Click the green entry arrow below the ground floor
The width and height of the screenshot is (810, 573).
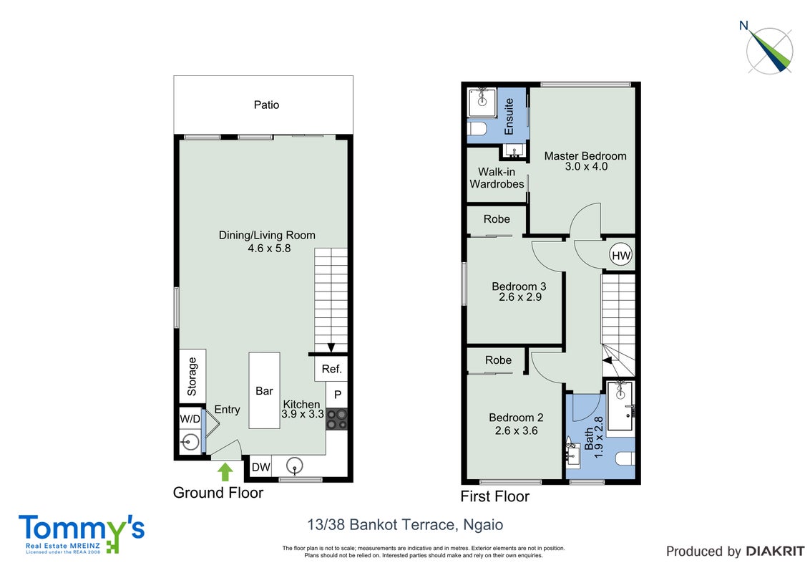click(225, 471)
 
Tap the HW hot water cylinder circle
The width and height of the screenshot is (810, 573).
click(621, 255)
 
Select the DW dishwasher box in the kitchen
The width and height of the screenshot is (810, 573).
click(261, 466)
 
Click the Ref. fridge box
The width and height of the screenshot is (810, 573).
click(331, 369)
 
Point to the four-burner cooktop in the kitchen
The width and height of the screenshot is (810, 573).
click(337, 419)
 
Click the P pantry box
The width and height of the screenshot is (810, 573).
click(337, 395)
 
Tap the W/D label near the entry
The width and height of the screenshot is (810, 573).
click(190, 418)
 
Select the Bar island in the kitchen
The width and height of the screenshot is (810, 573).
click(265, 390)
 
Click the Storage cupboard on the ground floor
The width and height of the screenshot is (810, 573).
click(192, 376)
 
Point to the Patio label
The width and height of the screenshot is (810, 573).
click(267, 105)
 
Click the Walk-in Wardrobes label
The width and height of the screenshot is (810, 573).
click(497, 178)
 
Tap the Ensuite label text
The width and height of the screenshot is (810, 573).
click(509, 117)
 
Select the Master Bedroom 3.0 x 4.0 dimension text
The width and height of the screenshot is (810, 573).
click(586, 166)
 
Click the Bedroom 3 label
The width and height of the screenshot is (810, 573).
click(519, 286)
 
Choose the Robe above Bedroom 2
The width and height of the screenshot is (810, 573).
click(498, 360)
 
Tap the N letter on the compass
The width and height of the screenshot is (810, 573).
click(744, 25)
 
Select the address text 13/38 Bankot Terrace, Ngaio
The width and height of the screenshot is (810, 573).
click(405, 525)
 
